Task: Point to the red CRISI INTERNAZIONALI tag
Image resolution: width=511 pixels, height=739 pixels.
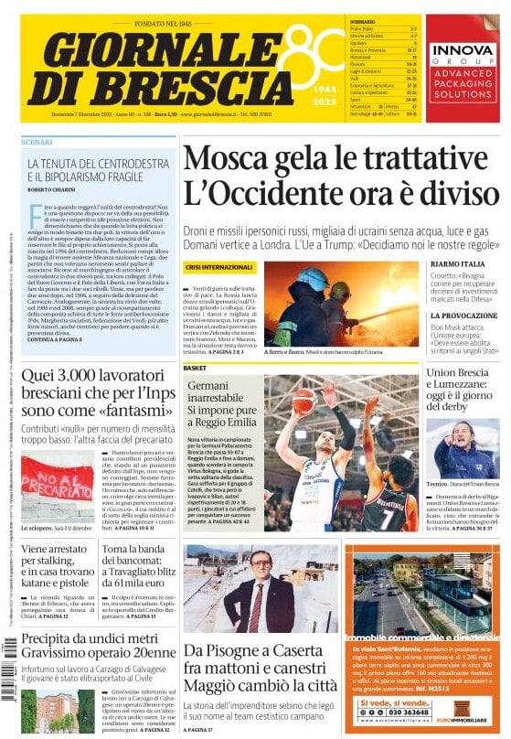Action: click(x=218, y=267)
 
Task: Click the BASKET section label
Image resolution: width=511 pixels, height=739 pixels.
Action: click(x=195, y=367)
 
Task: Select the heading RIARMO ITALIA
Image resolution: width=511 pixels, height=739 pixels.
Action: click(x=458, y=264)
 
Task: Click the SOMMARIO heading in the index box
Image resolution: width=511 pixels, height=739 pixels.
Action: click(x=362, y=21)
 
